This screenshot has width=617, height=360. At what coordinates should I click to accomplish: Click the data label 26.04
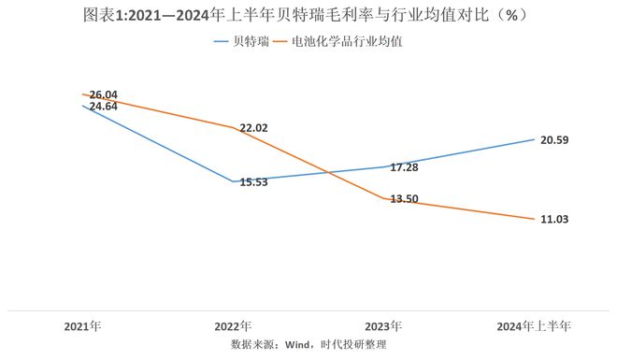tap(104, 94)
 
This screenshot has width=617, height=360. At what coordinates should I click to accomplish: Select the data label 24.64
tap(104, 107)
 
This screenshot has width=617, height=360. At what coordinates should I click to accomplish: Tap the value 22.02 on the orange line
tap(253, 128)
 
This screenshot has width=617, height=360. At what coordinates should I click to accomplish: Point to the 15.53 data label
tap(253, 182)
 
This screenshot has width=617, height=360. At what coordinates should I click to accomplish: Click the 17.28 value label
tap(404, 167)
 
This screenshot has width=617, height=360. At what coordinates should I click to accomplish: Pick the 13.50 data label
tap(404, 199)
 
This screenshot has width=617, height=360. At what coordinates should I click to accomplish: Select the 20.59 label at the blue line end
tap(554, 140)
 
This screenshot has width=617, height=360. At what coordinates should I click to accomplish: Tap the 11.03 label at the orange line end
tap(554, 219)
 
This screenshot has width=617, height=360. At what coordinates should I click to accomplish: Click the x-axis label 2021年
tap(82, 326)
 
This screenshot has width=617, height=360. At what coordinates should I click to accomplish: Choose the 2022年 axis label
tap(233, 326)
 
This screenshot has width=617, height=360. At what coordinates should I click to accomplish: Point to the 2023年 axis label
tap(383, 326)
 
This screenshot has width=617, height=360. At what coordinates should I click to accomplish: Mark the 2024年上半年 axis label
tap(534, 326)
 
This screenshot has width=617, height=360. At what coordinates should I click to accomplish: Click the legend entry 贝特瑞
tap(241, 41)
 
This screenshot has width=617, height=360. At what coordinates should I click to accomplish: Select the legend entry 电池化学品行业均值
tap(338, 41)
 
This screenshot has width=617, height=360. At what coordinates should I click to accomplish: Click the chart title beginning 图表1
tap(306, 15)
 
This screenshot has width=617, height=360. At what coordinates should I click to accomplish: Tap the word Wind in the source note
tap(297, 345)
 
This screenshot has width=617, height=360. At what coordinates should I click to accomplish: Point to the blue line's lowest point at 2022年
tap(233, 181)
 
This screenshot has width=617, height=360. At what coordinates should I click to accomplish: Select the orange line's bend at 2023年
tap(383, 198)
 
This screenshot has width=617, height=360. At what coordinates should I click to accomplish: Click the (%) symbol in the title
tap(511, 15)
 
